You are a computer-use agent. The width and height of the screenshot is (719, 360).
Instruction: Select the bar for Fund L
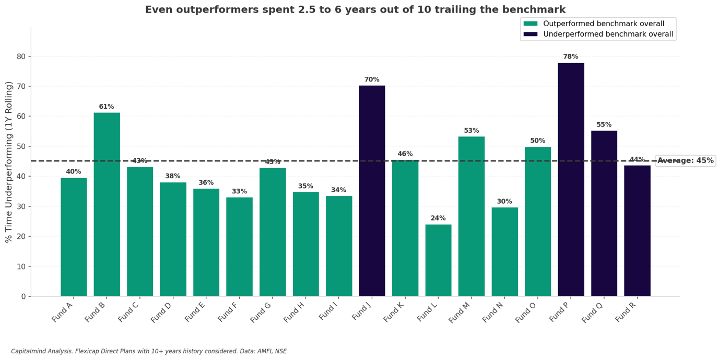[438, 260]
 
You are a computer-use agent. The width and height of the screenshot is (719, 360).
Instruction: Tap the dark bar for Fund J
[372, 191]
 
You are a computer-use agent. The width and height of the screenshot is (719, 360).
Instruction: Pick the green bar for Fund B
[107, 204]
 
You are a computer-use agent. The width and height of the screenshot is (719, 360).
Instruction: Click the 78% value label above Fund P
[571, 57]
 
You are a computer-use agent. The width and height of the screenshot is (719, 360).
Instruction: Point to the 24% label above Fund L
[438, 218]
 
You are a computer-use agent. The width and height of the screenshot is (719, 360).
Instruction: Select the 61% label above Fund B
[107, 107]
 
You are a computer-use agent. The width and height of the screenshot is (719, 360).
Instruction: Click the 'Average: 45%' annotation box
[685, 161]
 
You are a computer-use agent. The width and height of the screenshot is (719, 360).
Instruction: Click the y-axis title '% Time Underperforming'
[9, 162]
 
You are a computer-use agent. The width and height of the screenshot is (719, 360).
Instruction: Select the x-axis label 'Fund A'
[63, 311]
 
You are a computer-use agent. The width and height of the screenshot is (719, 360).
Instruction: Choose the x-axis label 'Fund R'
[626, 311]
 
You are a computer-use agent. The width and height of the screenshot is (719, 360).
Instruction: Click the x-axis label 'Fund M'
[460, 311]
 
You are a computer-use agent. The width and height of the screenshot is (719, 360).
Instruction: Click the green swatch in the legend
[531, 24]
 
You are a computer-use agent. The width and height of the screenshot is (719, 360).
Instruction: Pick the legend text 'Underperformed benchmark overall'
[608, 34]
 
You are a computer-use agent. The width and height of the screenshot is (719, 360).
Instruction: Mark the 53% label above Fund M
[472, 131]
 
